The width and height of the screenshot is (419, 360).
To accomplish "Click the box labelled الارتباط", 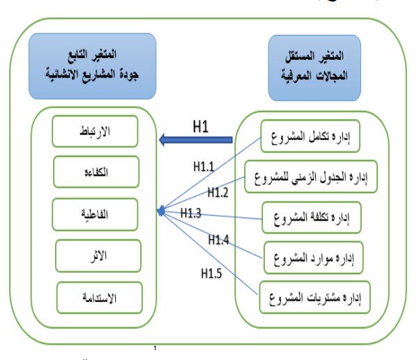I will point(99,130).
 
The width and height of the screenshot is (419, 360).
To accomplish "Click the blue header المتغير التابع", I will point(98,67).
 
